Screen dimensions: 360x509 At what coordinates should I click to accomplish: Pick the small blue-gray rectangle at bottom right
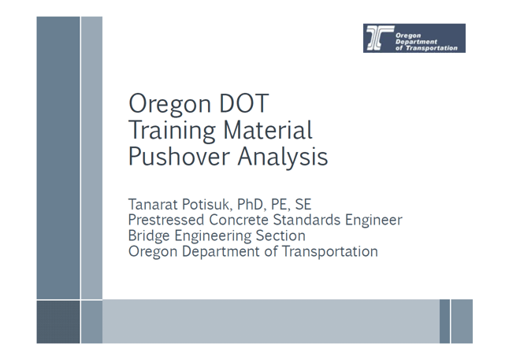coord(461,321)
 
